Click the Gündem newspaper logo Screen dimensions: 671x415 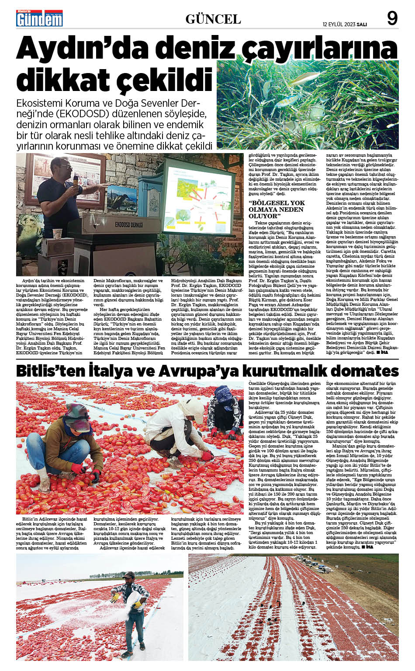(x=39, y=18)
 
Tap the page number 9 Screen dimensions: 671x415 (x=392, y=18)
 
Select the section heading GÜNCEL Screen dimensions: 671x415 (x=213, y=19)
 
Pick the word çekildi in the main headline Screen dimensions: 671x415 (x=159, y=80)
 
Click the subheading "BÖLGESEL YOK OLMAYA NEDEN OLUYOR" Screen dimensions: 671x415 (x=277, y=209)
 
